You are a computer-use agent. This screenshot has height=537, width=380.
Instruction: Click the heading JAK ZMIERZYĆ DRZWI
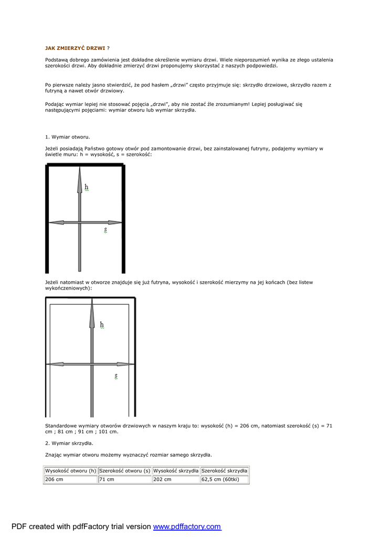75,48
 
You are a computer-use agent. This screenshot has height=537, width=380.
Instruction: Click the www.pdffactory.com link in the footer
187,527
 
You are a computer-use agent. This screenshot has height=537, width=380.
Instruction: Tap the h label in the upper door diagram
87,187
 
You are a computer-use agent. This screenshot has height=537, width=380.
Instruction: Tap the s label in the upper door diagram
105,230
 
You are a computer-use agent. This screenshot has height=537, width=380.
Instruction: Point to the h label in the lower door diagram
102,325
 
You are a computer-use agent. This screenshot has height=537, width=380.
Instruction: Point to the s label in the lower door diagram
116,376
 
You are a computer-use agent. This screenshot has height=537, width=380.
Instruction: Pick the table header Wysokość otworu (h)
71,471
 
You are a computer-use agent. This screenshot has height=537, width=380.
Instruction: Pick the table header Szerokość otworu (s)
125,471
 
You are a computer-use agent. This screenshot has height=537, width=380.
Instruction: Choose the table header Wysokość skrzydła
176,471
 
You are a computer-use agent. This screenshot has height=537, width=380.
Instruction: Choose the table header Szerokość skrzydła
224,471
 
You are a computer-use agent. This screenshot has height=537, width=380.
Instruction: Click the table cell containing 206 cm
71,479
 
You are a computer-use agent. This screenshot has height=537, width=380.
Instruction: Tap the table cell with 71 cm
125,479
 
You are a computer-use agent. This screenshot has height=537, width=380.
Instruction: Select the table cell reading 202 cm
176,479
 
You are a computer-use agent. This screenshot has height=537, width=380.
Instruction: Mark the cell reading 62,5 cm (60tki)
224,479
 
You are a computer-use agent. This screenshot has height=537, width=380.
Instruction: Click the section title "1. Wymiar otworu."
67,137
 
